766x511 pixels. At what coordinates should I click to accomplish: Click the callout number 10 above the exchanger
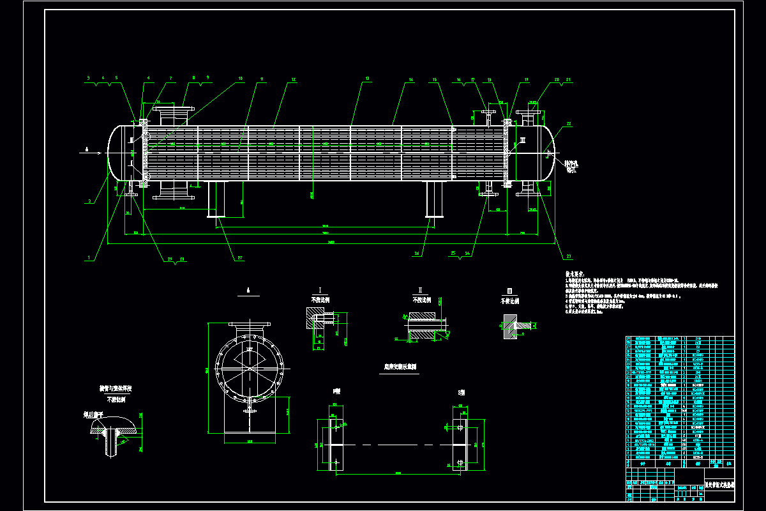(241, 79)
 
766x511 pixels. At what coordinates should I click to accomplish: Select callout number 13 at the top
(367, 79)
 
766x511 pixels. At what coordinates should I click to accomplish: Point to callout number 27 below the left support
(241, 258)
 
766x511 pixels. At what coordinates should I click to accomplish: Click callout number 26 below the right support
(417, 253)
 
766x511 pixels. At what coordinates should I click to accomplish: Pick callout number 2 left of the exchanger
(90, 201)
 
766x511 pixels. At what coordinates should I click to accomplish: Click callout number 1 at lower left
(90, 258)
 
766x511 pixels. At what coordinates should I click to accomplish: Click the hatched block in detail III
(509, 328)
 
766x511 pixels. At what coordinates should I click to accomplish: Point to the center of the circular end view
(249, 368)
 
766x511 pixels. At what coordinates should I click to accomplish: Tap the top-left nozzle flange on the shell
(175, 111)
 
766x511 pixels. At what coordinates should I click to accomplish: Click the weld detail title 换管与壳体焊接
(115, 388)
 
